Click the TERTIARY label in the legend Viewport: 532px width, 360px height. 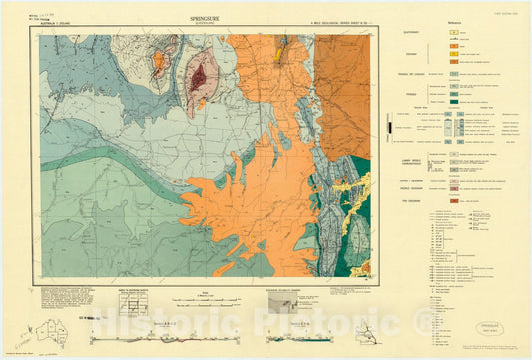394,56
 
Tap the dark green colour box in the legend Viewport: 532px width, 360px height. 453,102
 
